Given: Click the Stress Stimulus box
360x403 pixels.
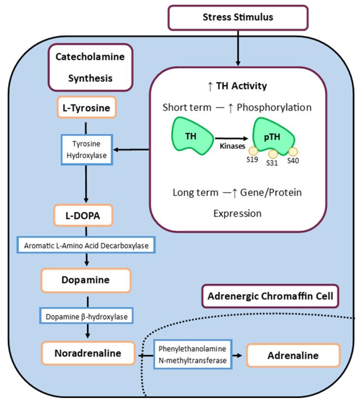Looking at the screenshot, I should click(x=238, y=18).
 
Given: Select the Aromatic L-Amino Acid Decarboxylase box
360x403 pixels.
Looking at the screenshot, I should click(x=87, y=245).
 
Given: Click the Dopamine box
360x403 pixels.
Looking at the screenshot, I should click(x=87, y=280).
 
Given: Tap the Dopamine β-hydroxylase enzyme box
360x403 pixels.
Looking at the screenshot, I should click(x=87, y=316).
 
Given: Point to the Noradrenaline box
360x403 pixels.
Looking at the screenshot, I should click(x=87, y=353).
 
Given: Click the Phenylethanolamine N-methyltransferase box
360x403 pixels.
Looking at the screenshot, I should click(x=192, y=354).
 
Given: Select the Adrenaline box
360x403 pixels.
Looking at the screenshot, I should click(x=293, y=356).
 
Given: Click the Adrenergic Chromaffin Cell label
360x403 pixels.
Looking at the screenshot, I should click(x=271, y=296).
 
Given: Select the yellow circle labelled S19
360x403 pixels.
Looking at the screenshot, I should click(x=253, y=151).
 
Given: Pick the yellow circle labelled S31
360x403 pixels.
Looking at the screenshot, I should click(x=273, y=154).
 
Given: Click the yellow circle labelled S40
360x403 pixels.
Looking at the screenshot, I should click(x=292, y=151).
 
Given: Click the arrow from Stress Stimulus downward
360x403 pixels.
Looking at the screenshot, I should click(x=238, y=48).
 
